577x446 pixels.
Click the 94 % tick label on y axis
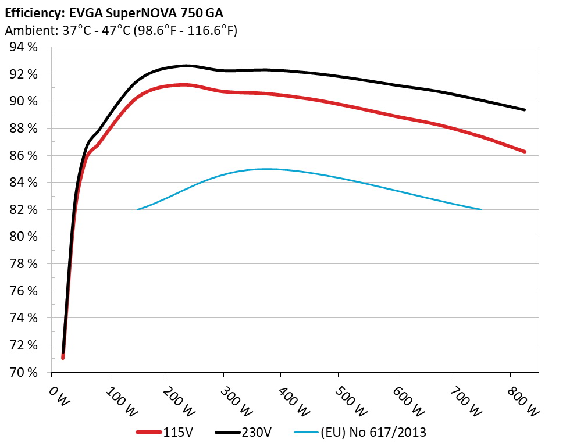coord(23,47)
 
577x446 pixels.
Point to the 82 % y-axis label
coord(23,209)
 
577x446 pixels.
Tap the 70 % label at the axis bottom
coord(23,372)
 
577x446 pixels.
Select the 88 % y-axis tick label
coord(23,129)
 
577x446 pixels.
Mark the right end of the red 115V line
coord(525,152)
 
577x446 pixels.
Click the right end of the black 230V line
coord(525,110)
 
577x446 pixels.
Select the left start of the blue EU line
coord(137,209)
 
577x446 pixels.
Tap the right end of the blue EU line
coord(482,209)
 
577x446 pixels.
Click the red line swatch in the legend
coord(148,432)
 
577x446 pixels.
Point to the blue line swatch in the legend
coord(306,432)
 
